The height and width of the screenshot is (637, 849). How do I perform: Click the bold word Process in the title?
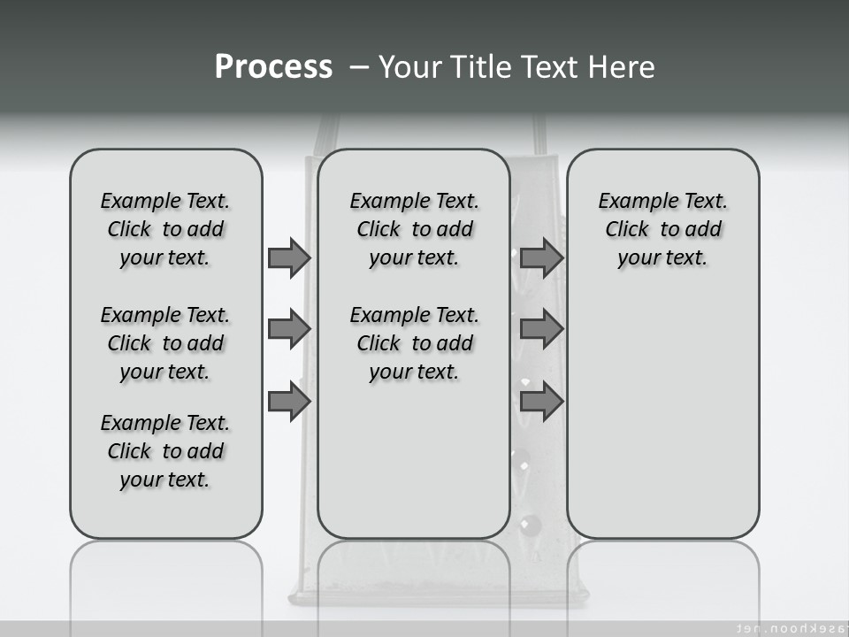273,67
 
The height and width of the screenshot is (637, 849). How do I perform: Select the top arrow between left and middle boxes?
289,257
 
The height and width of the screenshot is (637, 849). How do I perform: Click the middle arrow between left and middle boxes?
289,329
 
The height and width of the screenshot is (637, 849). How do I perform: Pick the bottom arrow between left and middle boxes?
289,402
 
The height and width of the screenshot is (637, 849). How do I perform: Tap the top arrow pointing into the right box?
541,257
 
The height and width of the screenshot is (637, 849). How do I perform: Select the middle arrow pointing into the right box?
541,329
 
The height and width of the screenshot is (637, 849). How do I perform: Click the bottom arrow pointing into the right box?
541,402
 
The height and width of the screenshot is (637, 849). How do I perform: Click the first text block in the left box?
165,229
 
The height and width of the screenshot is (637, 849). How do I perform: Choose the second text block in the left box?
165,343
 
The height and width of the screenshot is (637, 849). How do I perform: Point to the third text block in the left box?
165,451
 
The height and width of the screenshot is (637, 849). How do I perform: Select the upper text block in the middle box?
415,229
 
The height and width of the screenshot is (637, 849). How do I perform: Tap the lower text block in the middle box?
415,343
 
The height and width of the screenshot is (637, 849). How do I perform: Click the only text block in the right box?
663,229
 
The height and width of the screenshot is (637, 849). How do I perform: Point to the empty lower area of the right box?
663,416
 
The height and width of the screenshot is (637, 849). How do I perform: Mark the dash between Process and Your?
359,67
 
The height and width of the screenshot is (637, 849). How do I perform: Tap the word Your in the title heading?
409,67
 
